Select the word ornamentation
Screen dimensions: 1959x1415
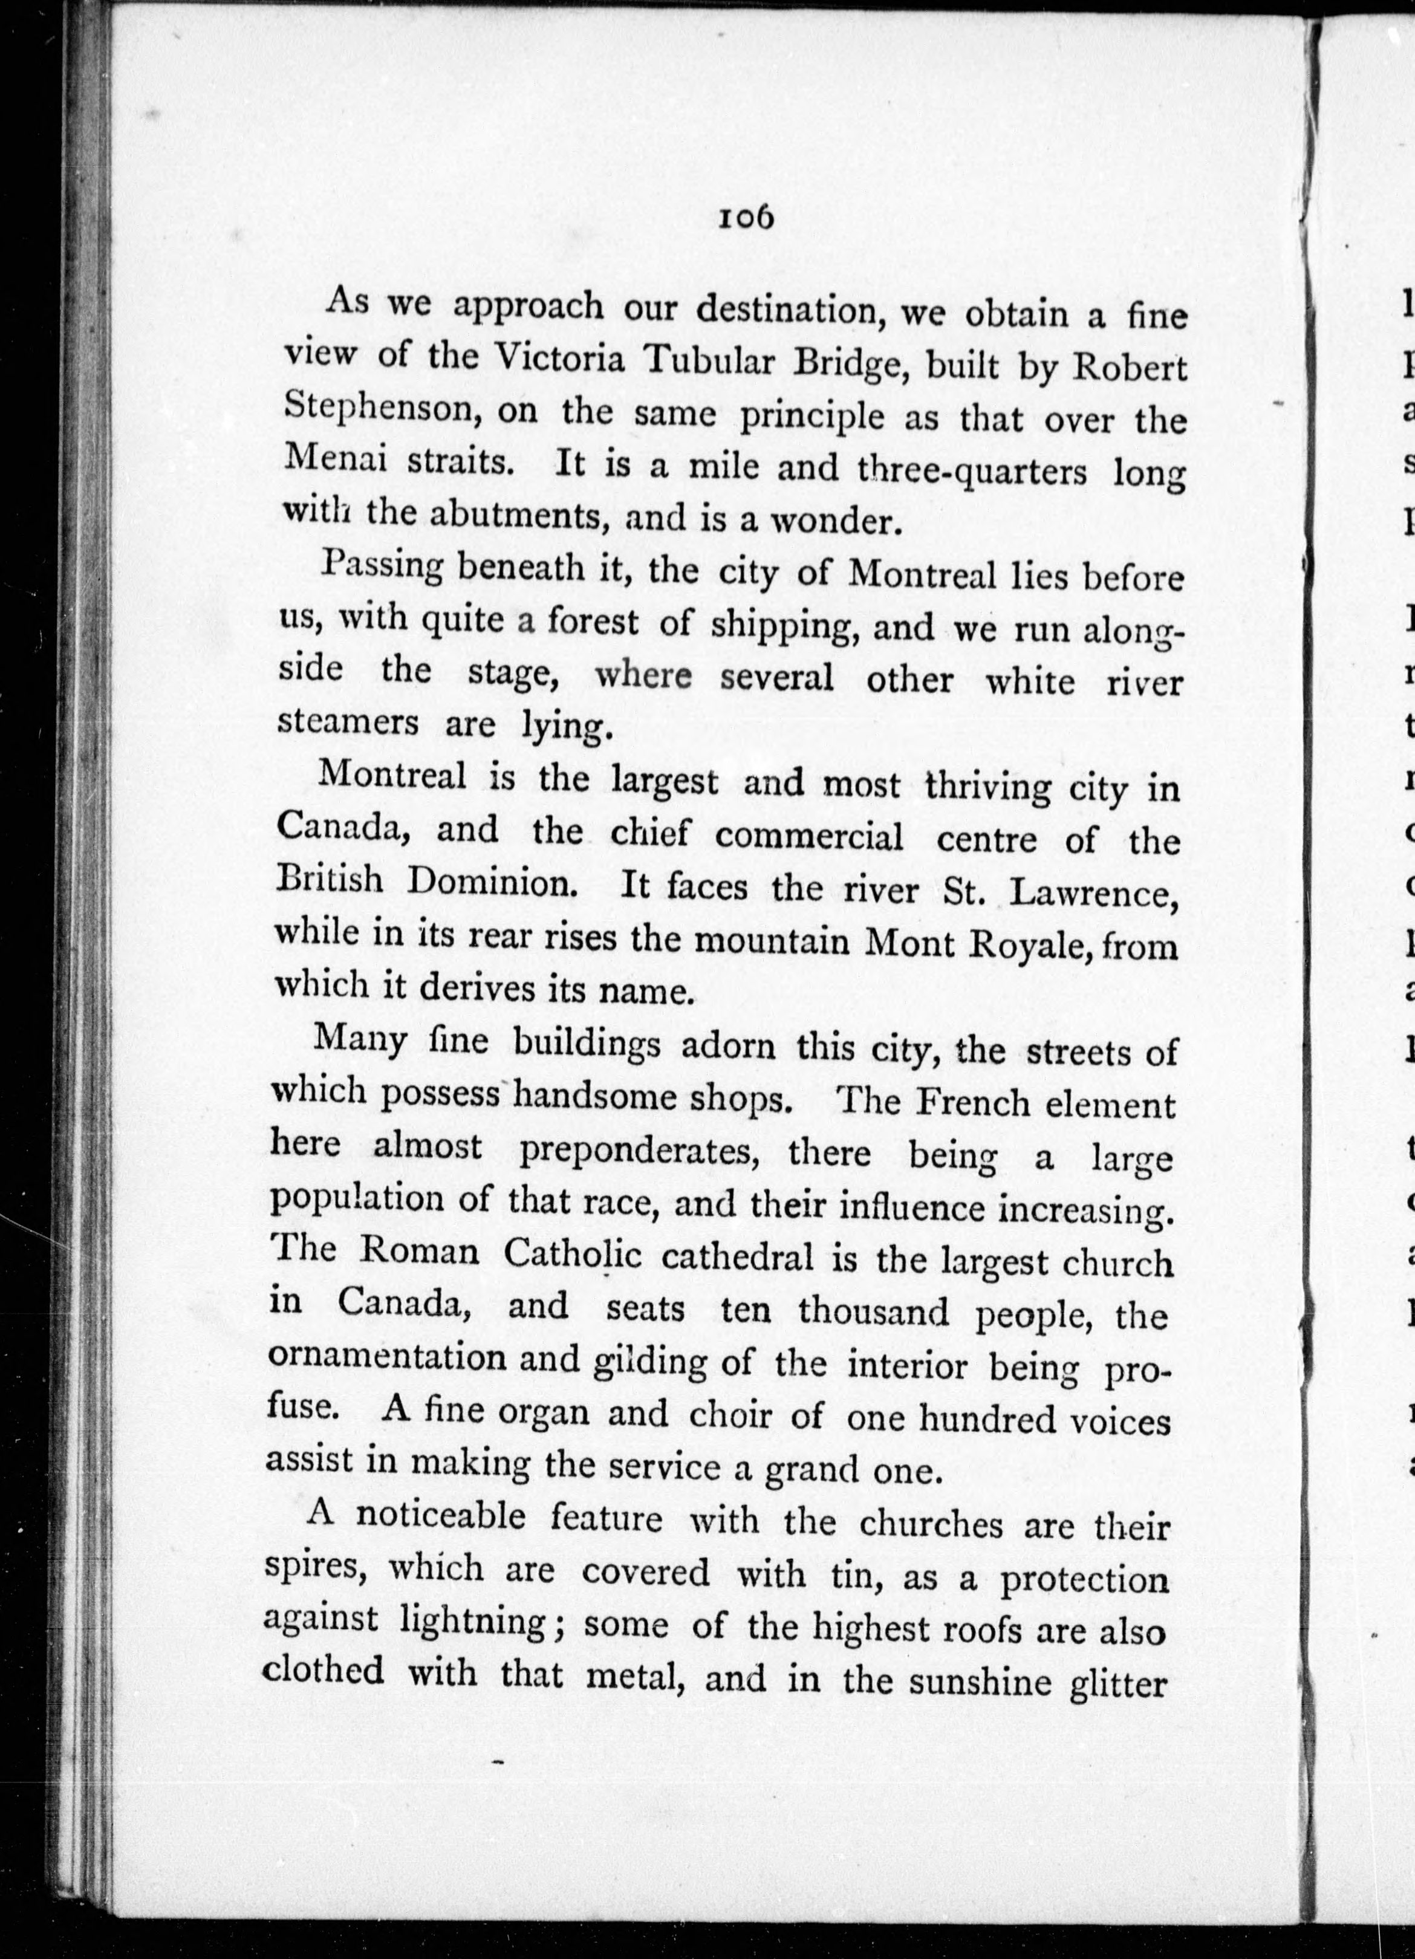pyautogui.click(x=386, y=1357)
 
